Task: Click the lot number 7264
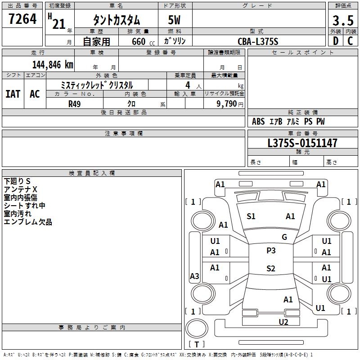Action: tap(22, 18)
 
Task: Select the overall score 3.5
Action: tap(343, 20)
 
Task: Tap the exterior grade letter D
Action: tap(336, 41)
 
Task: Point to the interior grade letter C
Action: tap(350, 41)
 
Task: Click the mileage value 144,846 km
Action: tap(53, 65)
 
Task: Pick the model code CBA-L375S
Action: tap(258, 41)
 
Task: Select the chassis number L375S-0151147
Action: tap(302, 143)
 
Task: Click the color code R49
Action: tap(74, 104)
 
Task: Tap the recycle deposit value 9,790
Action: tap(227, 104)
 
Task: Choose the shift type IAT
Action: tap(13, 94)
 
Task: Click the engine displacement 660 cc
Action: tap(143, 42)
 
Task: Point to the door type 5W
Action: tap(174, 20)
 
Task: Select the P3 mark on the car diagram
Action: tap(271, 251)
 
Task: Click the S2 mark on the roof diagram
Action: tap(271, 268)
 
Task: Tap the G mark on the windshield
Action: tap(284, 237)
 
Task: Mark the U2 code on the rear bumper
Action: tap(283, 322)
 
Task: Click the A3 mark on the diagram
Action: tap(194, 276)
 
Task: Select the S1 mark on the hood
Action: tap(251, 216)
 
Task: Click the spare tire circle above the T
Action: tap(197, 328)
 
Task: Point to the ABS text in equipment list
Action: tap(258, 121)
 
